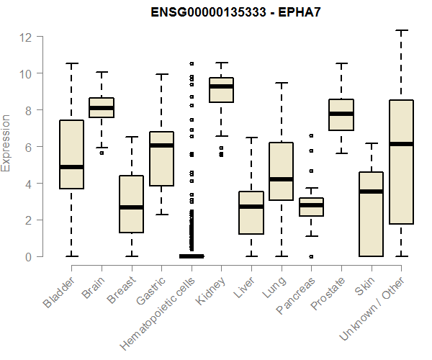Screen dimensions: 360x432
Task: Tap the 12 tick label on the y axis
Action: click(x=26, y=37)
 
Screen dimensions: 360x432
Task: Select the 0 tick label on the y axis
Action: click(x=30, y=256)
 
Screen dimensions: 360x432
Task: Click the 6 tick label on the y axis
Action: click(x=30, y=147)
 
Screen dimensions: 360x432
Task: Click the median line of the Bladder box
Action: click(x=71, y=167)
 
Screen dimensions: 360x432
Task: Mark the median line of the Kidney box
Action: click(x=221, y=86)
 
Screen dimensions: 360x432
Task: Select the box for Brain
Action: click(x=102, y=107)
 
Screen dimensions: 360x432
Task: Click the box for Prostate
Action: click(x=341, y=114)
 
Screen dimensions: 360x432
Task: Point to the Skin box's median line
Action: click(x=371, y=192)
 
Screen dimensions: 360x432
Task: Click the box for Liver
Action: click(x=251, y=213)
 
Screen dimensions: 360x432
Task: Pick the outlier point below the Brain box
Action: click(x=102, y=153)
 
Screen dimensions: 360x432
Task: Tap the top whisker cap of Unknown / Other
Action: click(x=401, y=30)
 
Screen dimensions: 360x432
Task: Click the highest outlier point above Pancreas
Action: click(x=311, y=135)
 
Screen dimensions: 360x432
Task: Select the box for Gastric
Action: click(x=161, y=158)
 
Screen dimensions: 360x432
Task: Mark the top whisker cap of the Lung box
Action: click(x=282, y=83)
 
